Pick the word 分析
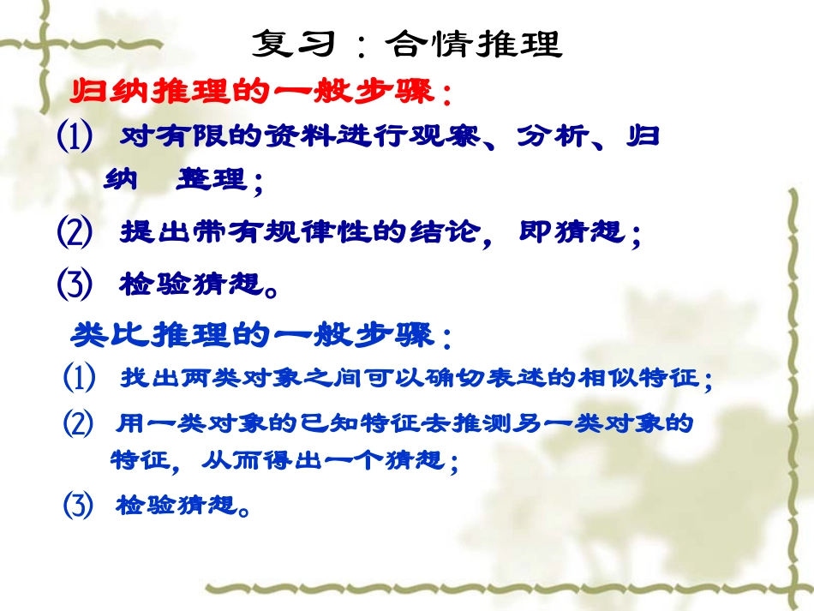pos(545,137)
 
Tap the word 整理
pos(210,181)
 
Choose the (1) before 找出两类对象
pos(79,378)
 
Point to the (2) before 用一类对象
pos(79,423)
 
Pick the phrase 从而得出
pos(249,461)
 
